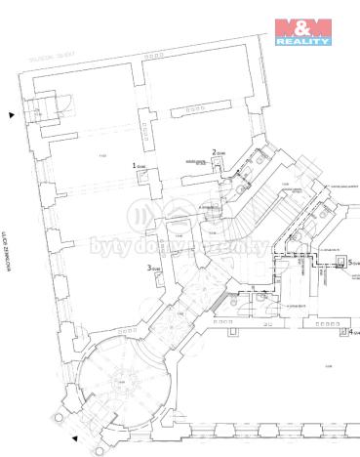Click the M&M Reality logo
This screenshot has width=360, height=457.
(302, 31)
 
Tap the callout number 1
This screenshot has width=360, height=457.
(135, 166)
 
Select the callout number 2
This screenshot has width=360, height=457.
(214, 151)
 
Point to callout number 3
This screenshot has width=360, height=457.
(149, 268)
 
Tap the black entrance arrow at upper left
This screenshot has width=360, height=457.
(11, 115)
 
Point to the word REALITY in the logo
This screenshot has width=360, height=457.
(302, 42)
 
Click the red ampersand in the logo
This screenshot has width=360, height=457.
(302, 26)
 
